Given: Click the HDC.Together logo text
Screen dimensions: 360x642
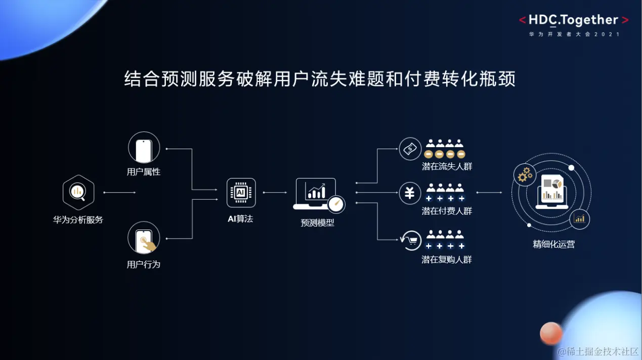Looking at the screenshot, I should pyautogui.click(x=574, y=20).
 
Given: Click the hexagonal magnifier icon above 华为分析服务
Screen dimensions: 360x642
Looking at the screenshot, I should pyautogui.click(x=78, y=192).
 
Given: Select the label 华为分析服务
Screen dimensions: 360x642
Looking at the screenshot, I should pyautogui.click(x=78, y=220).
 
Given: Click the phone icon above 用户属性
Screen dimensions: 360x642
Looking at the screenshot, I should pyautogui.click(x=144, y=148).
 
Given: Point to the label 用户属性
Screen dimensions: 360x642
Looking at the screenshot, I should pyautogui.click(x=144, y=172).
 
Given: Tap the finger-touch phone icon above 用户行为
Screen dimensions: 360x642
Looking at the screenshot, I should pyautogui.click(x=144, y=238).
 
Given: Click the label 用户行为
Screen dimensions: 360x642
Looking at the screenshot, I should pyautogui.click(x=144, y=264).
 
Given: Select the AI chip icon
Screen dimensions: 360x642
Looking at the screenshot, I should pyautogui.click(x=241, y=193).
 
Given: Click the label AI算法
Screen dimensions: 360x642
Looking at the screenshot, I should pyautogui.click(x=241, y=219).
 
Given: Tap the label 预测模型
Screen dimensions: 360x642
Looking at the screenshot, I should pyautogui.click(x=317, y=222).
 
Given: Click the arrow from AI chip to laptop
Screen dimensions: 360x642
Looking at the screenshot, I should pyautogui.click(x=275, y=193).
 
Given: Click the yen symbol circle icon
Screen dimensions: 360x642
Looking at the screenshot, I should pyautogui.click(x=410, y=193).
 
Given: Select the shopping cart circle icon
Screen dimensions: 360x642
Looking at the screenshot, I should pyautogui.click(x=410, y=240).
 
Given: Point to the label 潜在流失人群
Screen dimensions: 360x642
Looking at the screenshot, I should pyautogui.click(x=447, y=166).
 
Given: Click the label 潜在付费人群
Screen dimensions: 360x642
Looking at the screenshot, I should pyautogui.click(x=447, y=211).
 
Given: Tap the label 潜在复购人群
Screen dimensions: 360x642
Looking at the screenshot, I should pyautogui.click(x=447, y=259).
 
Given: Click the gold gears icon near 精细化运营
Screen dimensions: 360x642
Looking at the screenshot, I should pyautogui.click(x=525, y=175).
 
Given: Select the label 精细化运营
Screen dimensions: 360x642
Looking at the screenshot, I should pyautogui.click(x=554, y=245).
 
